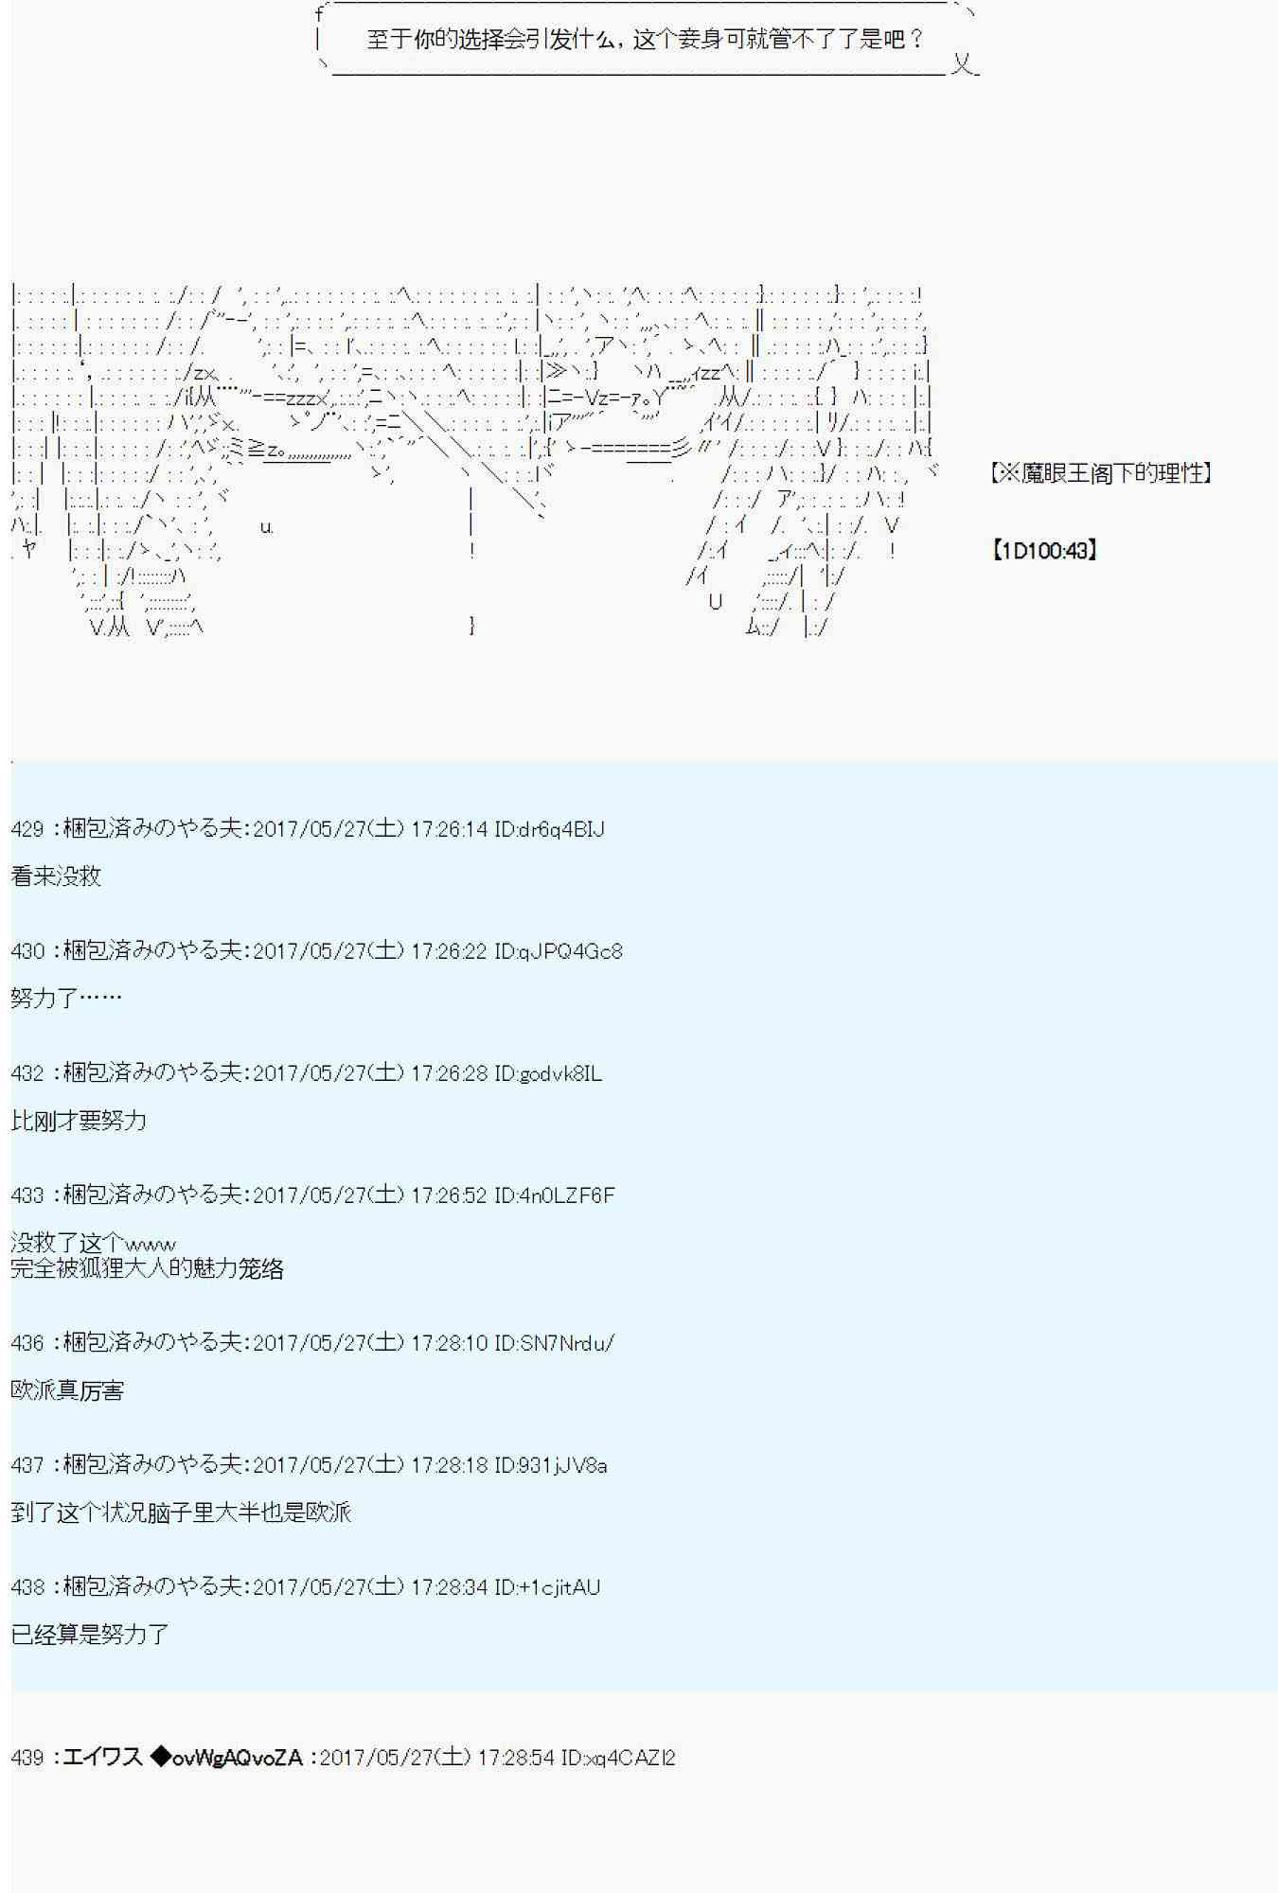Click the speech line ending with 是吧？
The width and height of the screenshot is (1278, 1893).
click(x=645, y=40)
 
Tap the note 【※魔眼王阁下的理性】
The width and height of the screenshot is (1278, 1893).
click(x=1101, y=472)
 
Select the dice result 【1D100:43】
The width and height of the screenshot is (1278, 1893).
click(x=1044, y=550)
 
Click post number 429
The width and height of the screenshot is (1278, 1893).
click(x=27, y=829)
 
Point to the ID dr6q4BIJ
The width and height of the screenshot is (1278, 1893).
click(x=549, y=829)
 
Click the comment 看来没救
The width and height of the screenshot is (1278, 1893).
click(x=56, y=876)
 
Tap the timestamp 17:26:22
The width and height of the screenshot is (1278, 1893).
click(x=450, y=951)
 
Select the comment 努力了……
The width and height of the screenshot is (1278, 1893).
click(x=66, y=998)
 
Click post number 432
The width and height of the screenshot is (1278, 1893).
click(x=27, y=1073)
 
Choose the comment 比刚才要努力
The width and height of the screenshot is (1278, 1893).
click(x=79, y=1121)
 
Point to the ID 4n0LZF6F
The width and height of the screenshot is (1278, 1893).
click(x=555, y=1195)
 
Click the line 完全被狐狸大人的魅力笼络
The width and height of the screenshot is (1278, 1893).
click(x=148, y=1268)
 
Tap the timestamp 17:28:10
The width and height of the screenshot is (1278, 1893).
click(x=450, y=1343)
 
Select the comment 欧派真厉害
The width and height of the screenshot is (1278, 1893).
click(x=67, y=1390)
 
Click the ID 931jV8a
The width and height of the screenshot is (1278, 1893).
click(x=551, y=1465)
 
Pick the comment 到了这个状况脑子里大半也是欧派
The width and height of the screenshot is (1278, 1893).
click(x=181, y=1513)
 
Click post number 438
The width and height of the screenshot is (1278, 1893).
click(x=27, y=1587)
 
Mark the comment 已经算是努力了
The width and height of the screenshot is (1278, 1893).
click(x=90, y=1635)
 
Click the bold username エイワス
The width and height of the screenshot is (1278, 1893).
click(x=102, y=1758)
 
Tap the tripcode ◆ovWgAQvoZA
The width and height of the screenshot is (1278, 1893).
click(x=227, y=1758)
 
